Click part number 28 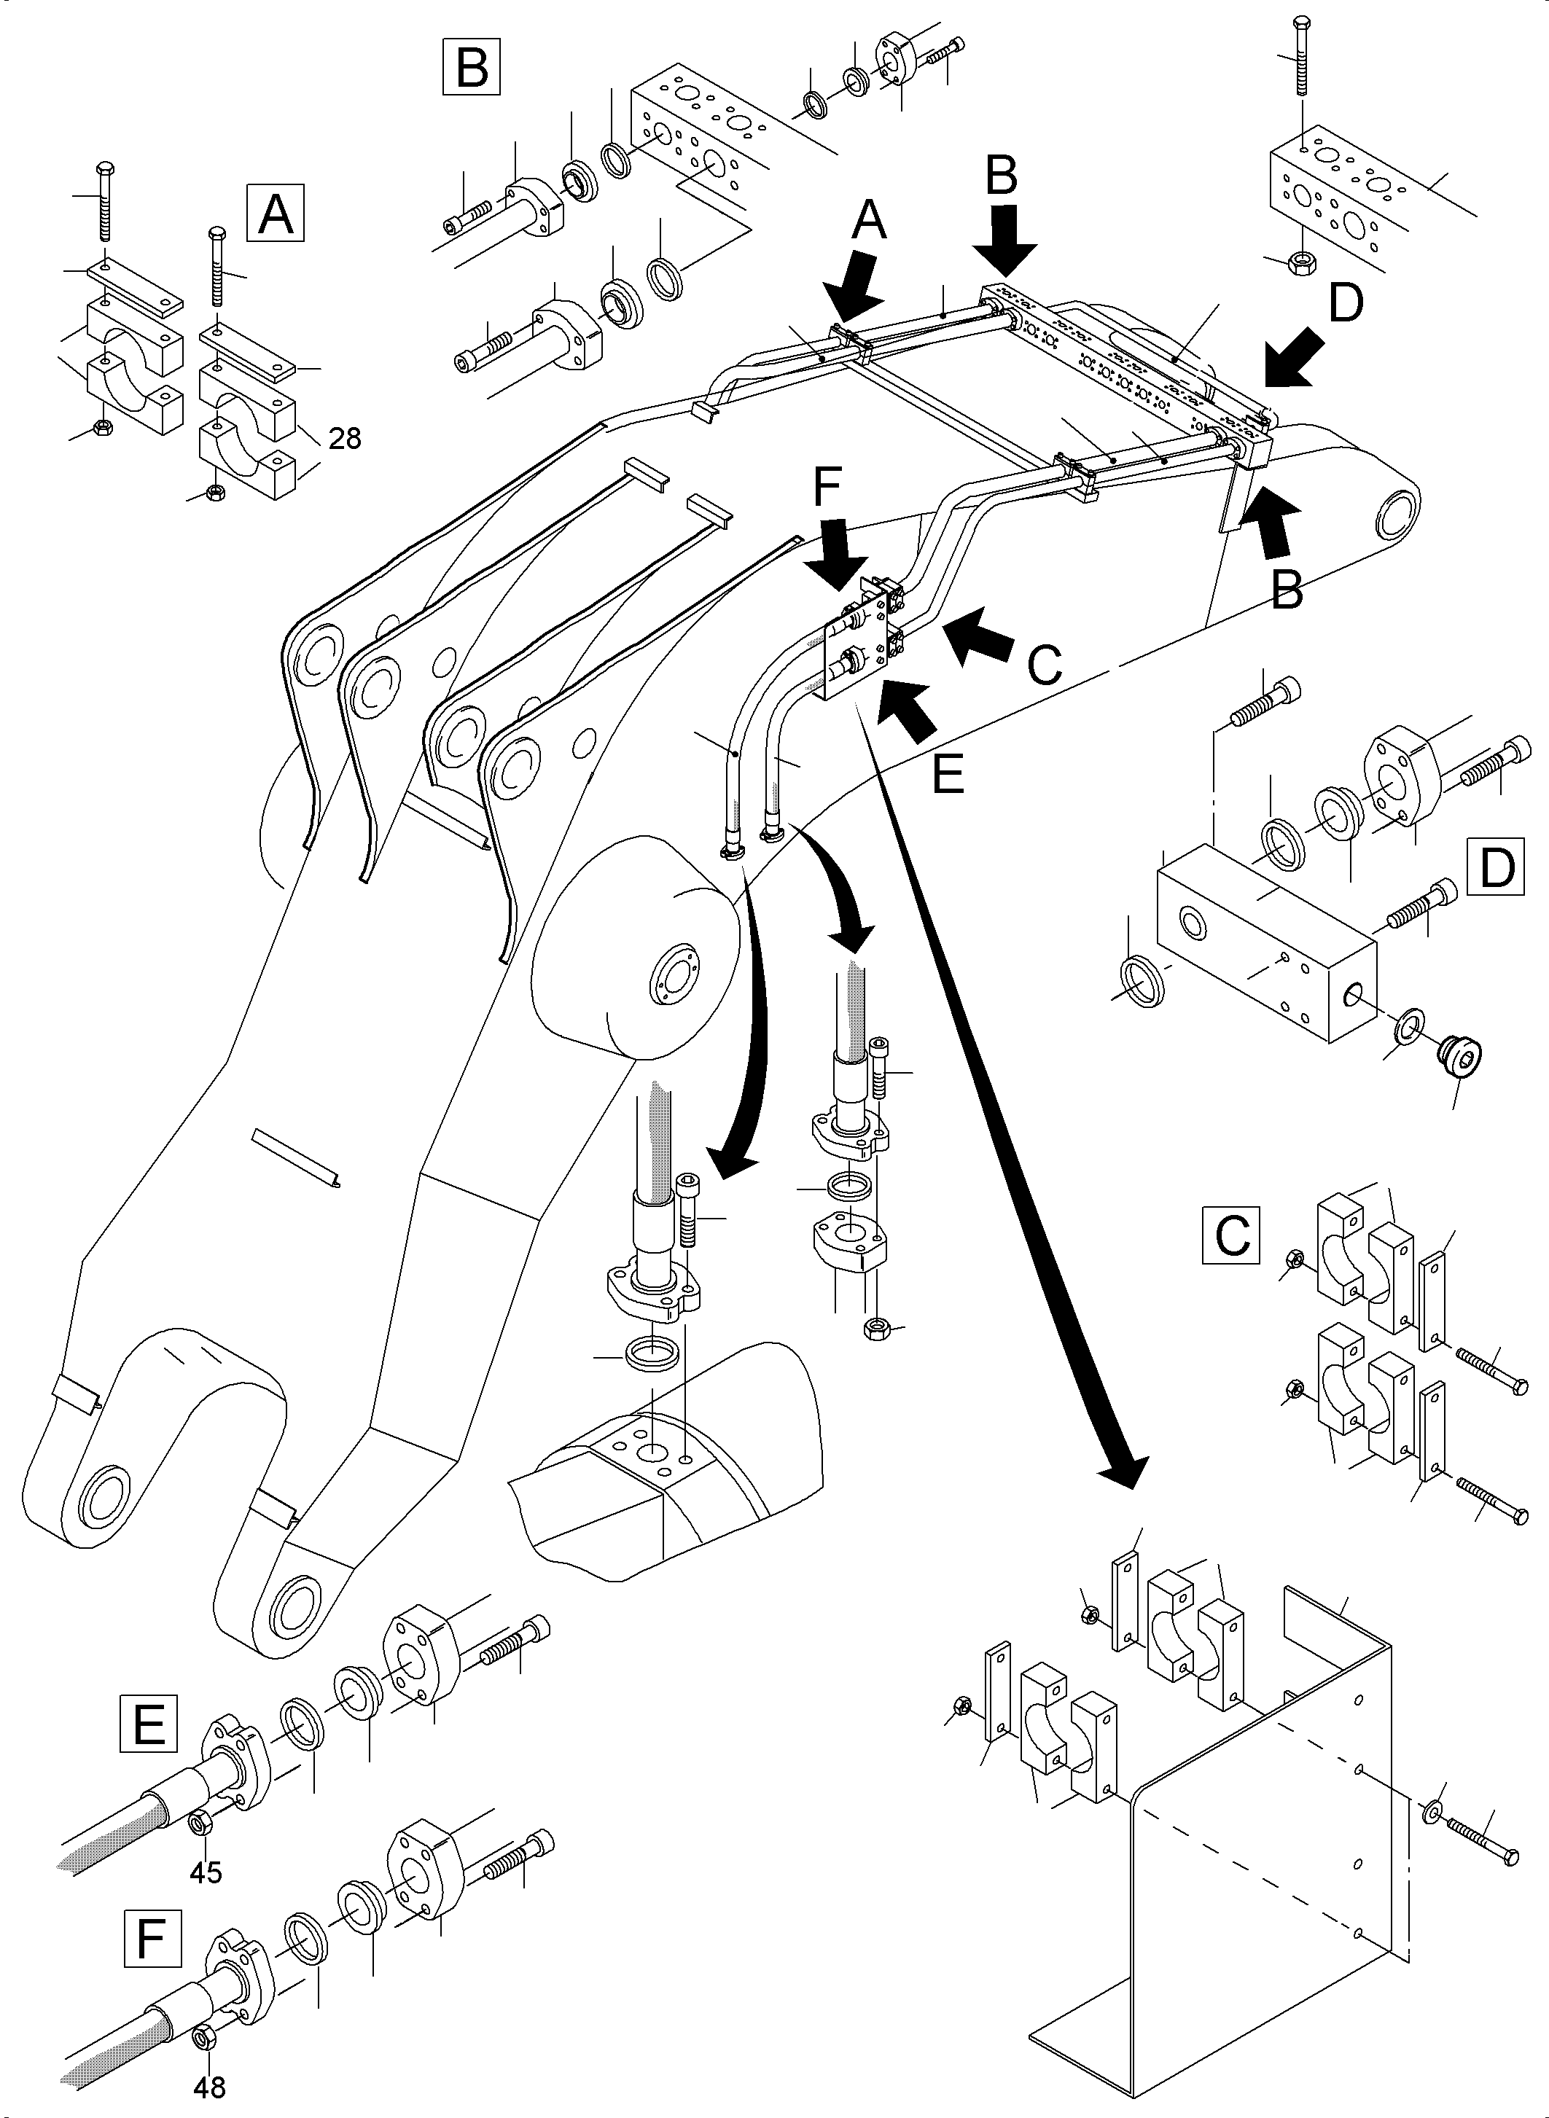click(345, 438)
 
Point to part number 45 click(206, 1872)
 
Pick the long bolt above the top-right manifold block click(1300, 56)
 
